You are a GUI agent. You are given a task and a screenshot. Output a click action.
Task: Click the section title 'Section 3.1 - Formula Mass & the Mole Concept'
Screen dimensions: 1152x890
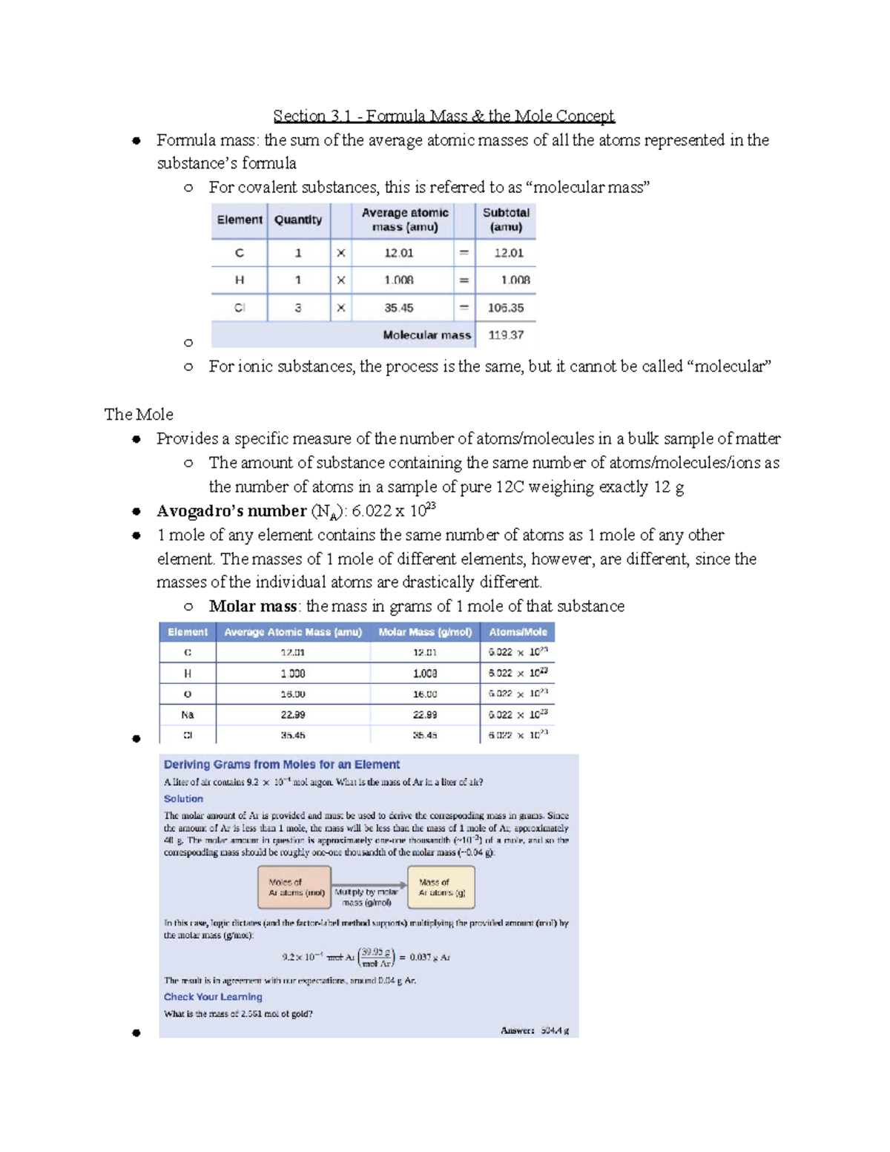444,116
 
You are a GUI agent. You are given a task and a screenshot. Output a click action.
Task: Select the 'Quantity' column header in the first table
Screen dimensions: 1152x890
298,220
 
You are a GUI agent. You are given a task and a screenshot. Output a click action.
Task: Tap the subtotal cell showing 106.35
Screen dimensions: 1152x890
506,308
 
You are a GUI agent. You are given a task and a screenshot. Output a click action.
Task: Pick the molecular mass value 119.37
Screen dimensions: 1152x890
506,335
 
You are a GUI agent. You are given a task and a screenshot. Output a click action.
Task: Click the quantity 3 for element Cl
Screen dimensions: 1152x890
298,308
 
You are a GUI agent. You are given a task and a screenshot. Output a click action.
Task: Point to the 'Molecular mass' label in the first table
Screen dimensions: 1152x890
426,335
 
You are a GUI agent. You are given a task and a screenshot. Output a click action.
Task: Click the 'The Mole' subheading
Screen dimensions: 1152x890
139,415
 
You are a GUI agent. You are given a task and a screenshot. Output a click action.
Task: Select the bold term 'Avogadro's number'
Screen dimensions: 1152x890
231,511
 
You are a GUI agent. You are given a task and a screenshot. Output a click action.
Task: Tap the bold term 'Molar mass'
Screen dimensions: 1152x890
253,607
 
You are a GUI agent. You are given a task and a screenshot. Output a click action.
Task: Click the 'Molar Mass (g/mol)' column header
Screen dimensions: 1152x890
425,632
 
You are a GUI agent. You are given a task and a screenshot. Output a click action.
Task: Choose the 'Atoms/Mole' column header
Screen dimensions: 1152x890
518,632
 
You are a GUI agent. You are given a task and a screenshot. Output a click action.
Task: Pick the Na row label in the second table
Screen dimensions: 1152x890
188,715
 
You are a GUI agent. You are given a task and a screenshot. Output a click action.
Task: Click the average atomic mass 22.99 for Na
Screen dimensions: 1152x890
293,715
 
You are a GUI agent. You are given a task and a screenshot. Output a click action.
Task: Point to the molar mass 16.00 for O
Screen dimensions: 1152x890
425,694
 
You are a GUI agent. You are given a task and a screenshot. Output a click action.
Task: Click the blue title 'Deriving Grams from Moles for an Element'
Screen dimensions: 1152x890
282,765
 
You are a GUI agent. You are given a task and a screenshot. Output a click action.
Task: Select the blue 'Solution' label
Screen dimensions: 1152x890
183,799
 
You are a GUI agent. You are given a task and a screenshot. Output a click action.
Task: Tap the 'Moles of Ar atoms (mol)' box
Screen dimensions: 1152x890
296,887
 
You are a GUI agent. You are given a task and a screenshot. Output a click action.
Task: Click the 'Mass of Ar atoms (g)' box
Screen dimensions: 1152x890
442,887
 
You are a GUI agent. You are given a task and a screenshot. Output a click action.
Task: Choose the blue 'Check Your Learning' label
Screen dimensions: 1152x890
213,997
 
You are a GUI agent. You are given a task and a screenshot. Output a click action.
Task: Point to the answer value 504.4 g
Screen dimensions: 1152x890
555,1030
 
